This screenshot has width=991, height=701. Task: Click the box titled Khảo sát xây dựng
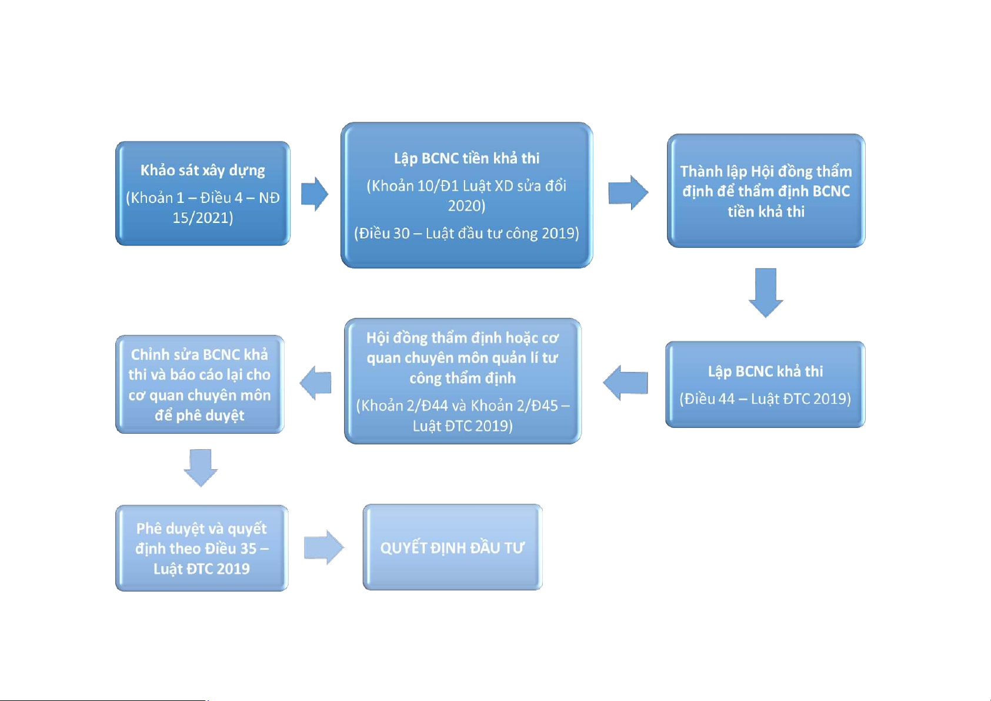(203, 194)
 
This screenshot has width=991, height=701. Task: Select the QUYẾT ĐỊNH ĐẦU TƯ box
(453, 547)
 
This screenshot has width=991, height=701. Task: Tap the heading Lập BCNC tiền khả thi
(467, 158)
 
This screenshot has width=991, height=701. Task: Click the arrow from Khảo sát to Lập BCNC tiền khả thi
(315, 194)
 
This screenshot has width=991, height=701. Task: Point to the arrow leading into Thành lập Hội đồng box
(628, 192)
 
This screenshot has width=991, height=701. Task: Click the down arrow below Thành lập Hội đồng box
(766, 293)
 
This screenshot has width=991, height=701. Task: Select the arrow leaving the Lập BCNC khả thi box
(625, 383)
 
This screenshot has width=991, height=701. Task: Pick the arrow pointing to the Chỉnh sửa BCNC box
(315, 383)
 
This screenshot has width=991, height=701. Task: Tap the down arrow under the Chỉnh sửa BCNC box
(201, 468)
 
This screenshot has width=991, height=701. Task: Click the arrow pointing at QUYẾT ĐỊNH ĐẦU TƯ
(324, 547)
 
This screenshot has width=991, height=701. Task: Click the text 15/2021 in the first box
(203, 218)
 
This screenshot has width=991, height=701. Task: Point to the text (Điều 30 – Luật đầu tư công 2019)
(467, 233)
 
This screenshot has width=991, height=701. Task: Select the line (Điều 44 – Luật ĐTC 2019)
(765, 399)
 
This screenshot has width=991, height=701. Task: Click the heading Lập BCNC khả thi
(765, 371)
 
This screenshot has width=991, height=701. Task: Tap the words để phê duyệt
(199, 416)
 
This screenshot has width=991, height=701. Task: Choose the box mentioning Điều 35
(202, 548)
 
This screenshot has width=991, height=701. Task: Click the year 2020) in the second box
(467, 206)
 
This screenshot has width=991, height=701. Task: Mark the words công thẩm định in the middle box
(463, 378)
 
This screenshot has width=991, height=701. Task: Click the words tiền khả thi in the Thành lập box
(766, 212)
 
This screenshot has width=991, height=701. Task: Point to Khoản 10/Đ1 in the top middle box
(414, 186)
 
